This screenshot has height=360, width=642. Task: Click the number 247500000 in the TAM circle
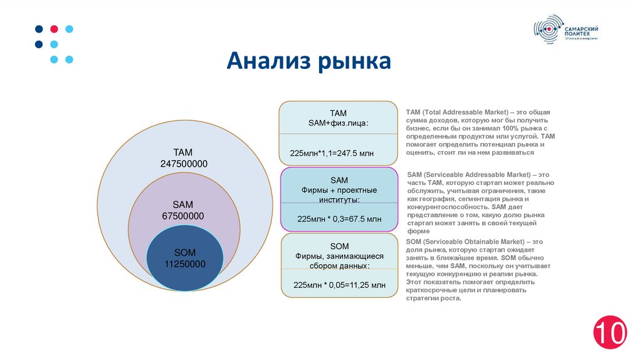[x=184, y=164]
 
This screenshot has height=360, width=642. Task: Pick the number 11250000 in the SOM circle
[x=185, y=264]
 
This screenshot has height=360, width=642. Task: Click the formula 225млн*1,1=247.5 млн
[x=332, y=153]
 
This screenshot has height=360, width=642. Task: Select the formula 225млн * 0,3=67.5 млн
[x=339, y=219]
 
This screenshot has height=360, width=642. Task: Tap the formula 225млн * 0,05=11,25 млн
[x=339, y=285]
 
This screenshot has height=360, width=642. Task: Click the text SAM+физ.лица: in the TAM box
[x=339, y=123]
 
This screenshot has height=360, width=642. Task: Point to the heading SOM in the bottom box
[x=339, y=246]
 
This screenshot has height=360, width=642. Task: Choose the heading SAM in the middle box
[x=339, y=180]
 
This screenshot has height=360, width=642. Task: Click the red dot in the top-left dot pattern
[x=54, y=29]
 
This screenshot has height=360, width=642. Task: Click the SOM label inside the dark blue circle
[x=185, y=252]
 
